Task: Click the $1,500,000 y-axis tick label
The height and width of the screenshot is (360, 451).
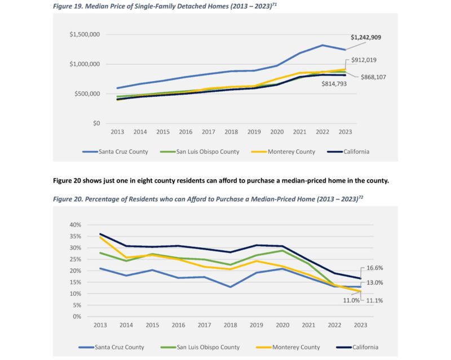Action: (x=85, y=34)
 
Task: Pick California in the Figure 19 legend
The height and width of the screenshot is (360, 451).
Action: (x=353, y=152)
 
